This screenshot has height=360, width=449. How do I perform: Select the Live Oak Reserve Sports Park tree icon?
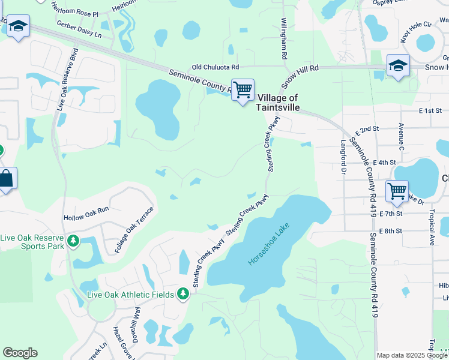click(73, 241)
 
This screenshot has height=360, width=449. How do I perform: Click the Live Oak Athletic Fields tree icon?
click(183, 294)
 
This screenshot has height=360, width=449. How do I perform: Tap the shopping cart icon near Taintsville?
click(243, 90)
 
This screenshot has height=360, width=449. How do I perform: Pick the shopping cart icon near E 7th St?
click(397, 191)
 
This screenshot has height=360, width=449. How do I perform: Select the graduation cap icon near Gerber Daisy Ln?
click(19, 27)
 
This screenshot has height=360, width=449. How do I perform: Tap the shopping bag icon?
click(6, 178)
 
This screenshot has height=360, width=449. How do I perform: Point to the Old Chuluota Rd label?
click(215, 67)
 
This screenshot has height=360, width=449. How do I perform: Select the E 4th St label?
click(384, 162)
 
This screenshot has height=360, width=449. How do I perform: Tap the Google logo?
click(20, 353)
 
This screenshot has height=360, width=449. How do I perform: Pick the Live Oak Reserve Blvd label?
click(67, 79)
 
